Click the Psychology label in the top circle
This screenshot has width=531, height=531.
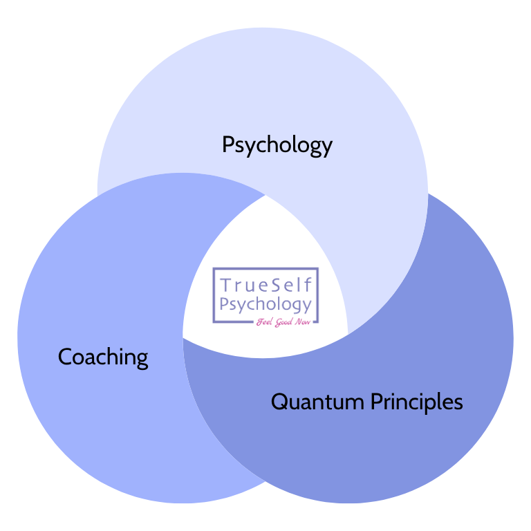tap(277, 145)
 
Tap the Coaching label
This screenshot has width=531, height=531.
tap(103, 357)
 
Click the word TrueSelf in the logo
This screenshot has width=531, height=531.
tap(265, 285)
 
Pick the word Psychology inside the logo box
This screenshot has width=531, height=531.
tap(265, 304)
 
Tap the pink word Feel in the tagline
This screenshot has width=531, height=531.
tap(263, 322)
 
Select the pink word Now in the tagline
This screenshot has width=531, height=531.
tap(303, 322)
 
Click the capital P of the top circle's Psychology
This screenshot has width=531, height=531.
tap(228, 145)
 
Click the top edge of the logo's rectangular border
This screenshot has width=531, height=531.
tap(265, 268)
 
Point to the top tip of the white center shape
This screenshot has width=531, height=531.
tap(265, 194)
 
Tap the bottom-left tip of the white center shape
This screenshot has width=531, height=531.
tap(183, 337)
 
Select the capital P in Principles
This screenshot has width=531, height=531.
tap(377, 401)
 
